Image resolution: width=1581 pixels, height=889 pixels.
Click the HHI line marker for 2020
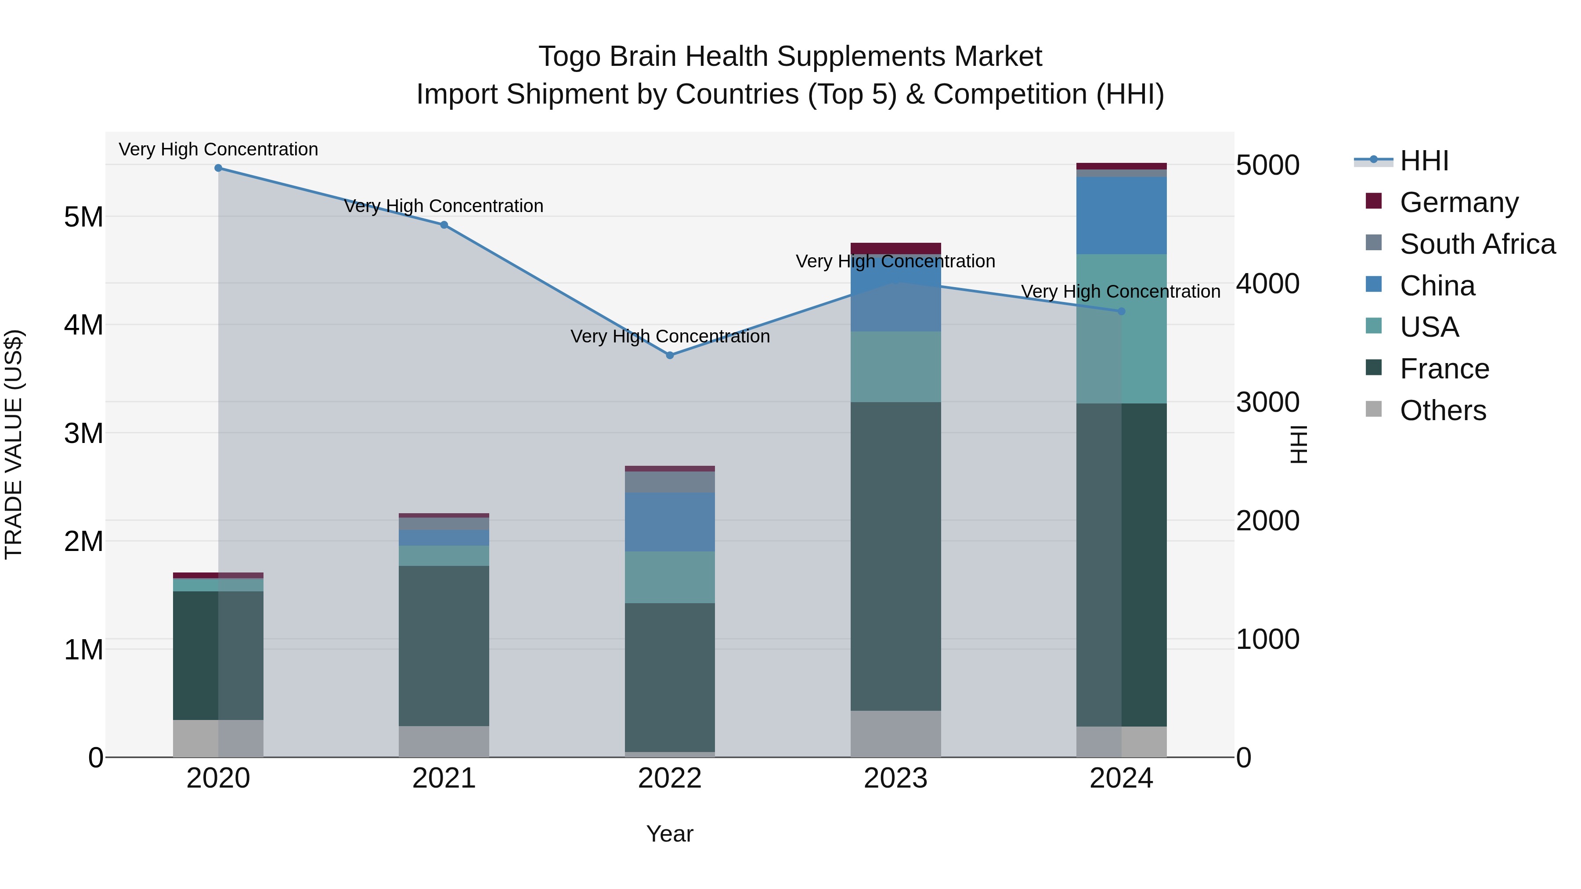coord(219,168)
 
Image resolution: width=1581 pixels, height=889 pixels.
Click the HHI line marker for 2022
coord(670,355)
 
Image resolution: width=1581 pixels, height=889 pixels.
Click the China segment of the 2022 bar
coord(670,522)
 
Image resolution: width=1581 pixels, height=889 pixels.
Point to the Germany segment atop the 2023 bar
coord(895,248)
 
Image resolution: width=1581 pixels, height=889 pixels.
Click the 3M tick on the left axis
coord(84,433)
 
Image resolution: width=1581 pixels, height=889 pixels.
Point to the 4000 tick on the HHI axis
coord(1267,284)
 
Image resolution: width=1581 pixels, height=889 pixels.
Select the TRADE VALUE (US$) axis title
coord(14,444)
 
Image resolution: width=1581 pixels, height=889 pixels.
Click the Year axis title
coord(670,834)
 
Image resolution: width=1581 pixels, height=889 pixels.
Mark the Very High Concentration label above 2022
coord(670,336)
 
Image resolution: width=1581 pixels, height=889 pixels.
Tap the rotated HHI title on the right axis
coord(1299,444)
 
